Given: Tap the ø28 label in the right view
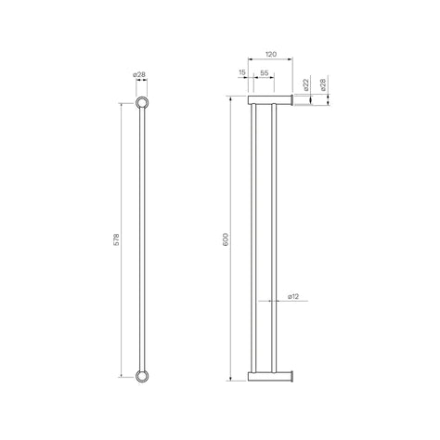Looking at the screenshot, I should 323,85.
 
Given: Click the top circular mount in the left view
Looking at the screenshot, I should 144,102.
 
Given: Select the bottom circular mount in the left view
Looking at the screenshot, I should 144,376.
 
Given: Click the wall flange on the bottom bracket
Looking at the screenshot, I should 294,376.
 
